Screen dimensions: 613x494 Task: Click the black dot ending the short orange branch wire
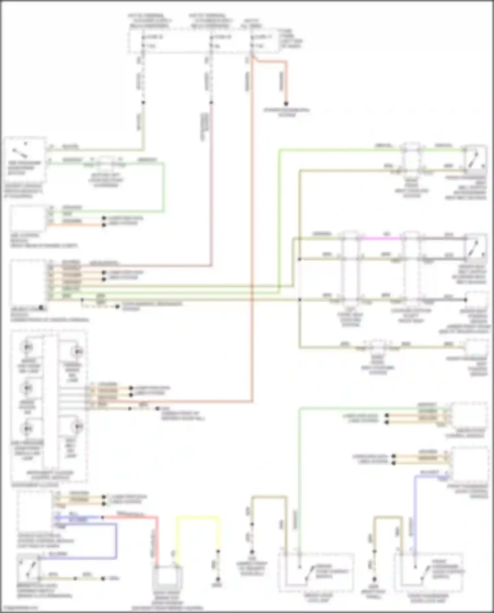pyautogui.click(x=286, y=103)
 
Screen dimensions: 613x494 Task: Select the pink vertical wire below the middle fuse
pyautogui.click(x=211, y=184)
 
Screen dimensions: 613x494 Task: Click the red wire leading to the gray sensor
pyautogui.click(x=156, y=540)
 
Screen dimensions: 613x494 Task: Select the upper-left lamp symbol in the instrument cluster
pyautogui.click(x=27, y=347)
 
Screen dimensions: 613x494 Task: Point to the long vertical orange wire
pyautogui.click(x=252, y=231)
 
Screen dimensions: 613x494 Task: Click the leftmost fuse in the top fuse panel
pyautogui.click(x=143, y=41)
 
